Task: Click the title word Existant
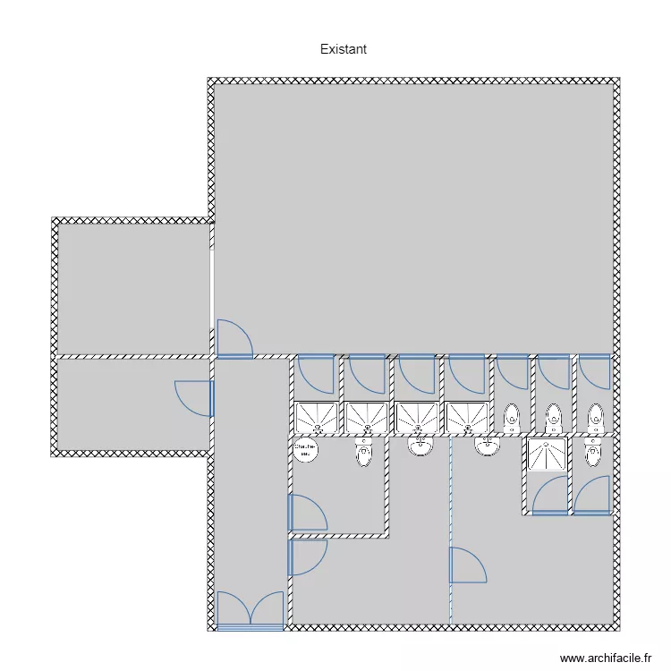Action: tap(343, 49)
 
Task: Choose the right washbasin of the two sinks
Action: tap(488, 445)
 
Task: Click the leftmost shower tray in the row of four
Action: tap(317, 416)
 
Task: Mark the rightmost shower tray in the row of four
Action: tap(468, 416)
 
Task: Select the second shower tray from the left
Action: tap(367, 416)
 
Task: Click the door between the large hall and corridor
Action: tap(234, 339)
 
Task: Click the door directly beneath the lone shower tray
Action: tap(549, 496)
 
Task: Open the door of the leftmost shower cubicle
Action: tap(316, 375)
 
